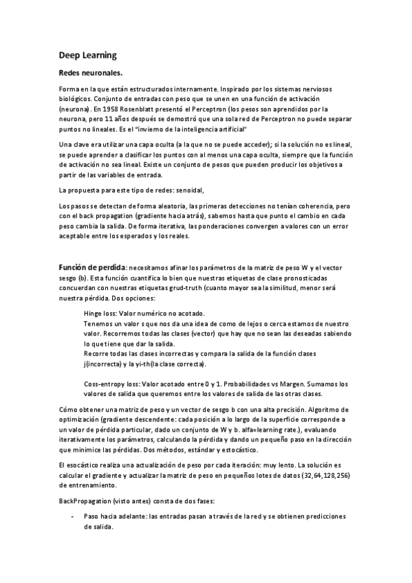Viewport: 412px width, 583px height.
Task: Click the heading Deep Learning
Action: pos(87,54)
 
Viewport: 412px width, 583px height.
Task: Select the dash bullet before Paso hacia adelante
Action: pos(72,516)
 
